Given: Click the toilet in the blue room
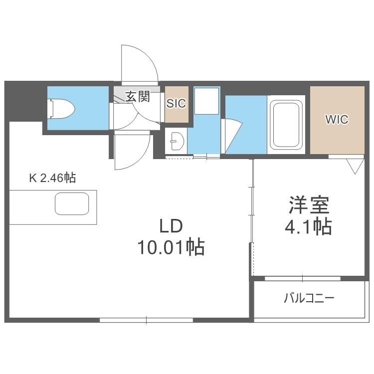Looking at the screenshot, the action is coord(61,108).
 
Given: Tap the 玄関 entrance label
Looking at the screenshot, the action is coord(138,96).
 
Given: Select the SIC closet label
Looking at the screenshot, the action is coord(176,104).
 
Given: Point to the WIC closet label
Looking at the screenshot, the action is coord(337,119).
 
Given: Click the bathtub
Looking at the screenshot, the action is coord(286,125).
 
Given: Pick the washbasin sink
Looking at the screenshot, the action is coord(177,141).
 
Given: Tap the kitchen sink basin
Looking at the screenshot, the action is coord(72,203).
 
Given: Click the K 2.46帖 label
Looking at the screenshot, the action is coord(52,178).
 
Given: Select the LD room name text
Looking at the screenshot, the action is coord(171,226).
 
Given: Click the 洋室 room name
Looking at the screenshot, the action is coord(309,204).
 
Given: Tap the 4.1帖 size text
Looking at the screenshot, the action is coord(308,226).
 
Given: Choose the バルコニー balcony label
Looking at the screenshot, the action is coord(309,298).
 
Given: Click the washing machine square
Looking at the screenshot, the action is coord(206,101).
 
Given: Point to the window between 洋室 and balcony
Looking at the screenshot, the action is coord(303,278).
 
